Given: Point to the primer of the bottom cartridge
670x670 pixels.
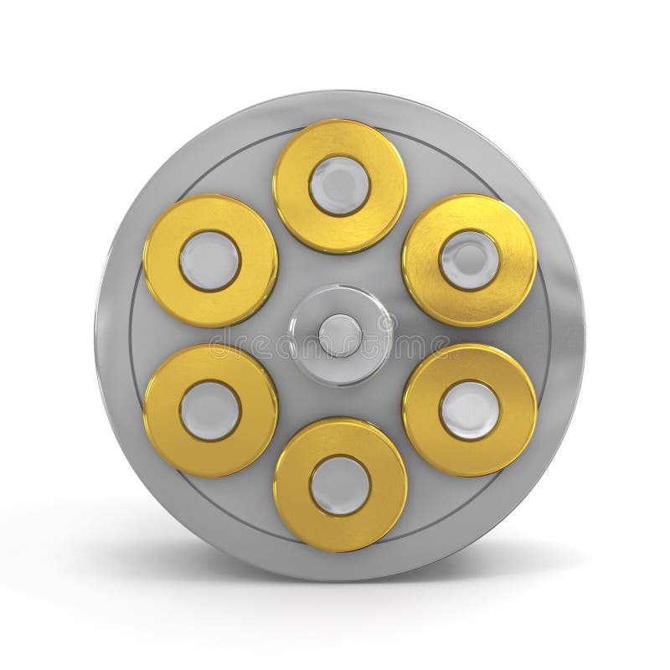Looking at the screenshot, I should (340, 484).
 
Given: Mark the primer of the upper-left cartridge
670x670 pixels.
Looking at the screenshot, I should (210, 260).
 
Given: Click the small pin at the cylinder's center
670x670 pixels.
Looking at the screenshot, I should (340, 334).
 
